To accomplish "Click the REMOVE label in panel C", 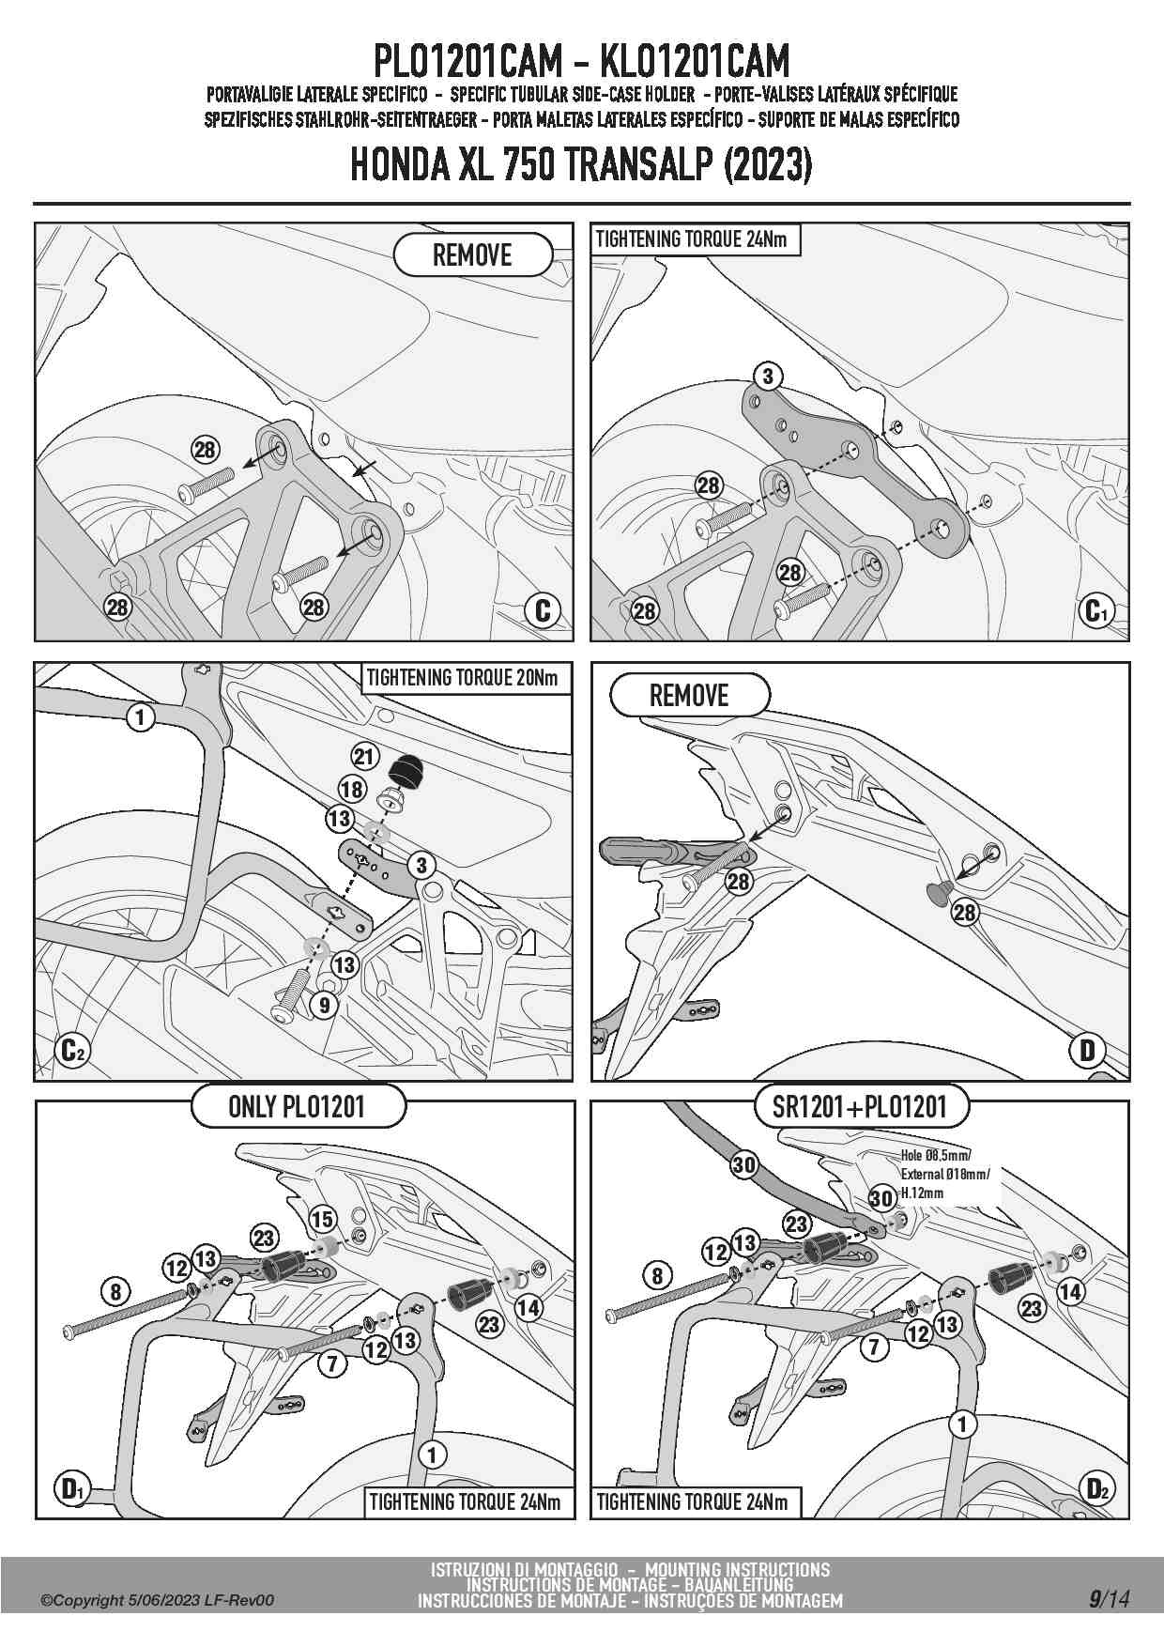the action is pos(472,254).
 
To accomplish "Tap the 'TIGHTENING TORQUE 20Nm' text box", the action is pos(462,678).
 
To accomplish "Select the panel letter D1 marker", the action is pos(72,1488).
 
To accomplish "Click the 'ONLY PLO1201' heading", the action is pos(297,1106).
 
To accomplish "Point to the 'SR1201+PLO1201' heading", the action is pos(859,1106).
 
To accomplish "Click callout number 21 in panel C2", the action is pos(364,756).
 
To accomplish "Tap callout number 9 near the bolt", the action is pos(324,1006).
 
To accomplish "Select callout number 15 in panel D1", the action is pos(322,1220).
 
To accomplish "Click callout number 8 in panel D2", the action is pos(657,1275).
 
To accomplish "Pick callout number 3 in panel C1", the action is pos(768,377).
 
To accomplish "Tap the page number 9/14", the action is pos(1109,1597).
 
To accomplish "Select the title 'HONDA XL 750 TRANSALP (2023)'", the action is pos(581,165).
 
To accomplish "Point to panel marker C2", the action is pos(72,1049).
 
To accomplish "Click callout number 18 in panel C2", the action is pos(352,789).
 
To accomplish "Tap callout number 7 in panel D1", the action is pos(332,1362).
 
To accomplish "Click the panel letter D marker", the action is pos(1088,1050).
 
